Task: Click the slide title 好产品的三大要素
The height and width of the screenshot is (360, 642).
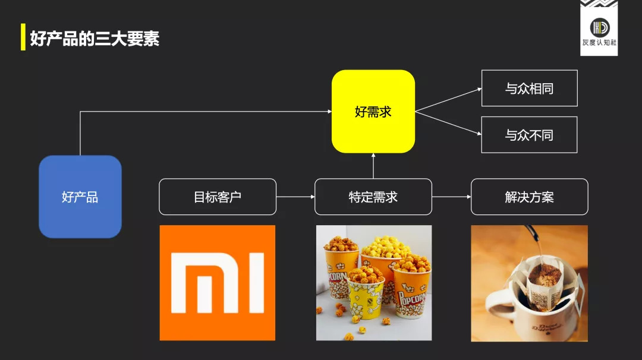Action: click(x=95, y=39)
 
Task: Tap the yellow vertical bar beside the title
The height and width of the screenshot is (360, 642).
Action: click(x=23, y=37)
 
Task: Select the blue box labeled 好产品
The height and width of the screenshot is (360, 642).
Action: click(x=80, y=197)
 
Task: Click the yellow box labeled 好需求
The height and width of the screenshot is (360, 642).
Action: click(x=373, y=111)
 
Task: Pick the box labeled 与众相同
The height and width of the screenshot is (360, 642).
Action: click(x=530, y=88)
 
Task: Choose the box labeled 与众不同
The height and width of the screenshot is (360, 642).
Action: click(x=530, y=135)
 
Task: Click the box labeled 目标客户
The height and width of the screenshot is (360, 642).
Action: click(x=218, y=197)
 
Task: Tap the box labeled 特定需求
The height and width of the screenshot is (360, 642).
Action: click(x=373, y=197)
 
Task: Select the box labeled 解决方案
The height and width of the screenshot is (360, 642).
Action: click(x=530, y=197)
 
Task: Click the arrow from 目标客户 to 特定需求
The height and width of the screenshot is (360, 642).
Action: click(x=295, y=197)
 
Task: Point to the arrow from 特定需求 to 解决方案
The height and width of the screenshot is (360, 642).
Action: click(x=452, y=197)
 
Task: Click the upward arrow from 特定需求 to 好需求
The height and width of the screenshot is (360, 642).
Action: click(x=373, y=166)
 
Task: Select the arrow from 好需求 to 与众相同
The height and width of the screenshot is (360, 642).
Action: click(x=448, y=100)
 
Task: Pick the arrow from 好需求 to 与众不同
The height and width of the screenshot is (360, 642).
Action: click(x=448, y=123)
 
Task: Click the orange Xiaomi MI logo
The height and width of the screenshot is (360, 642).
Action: click(x=218, y=283)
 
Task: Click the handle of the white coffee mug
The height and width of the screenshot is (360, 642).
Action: click(x=495, y=305)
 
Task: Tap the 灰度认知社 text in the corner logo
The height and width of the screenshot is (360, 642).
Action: click(x=599, y=43)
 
